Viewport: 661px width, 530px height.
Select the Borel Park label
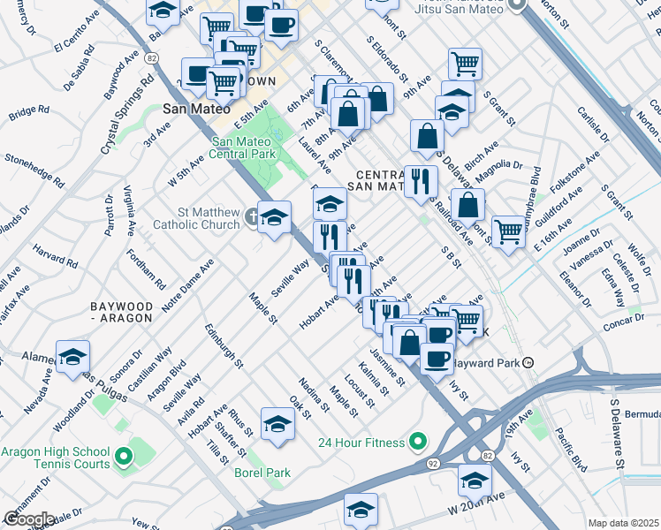coord(262,473)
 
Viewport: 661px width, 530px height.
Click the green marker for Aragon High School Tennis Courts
coord(124,457)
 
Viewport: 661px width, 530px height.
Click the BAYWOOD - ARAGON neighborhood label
coord(127,312)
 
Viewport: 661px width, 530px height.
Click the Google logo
coord(28,519)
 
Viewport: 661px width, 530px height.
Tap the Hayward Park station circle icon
coord(528,363)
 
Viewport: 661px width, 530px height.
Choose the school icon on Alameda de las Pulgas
coord(72,358)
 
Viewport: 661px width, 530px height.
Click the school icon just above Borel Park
coord(277,424)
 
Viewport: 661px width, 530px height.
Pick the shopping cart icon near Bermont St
coord(508,231)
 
